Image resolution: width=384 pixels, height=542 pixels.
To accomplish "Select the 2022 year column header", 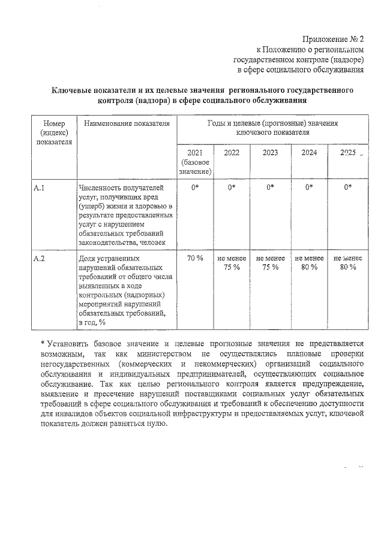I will point(231,153).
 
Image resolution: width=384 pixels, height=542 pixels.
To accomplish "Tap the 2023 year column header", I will point(270,153).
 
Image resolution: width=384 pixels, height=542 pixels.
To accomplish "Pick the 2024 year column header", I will point(309,153).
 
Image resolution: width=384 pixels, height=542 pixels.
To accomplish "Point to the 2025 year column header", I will point(347,153).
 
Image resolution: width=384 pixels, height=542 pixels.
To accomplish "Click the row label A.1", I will point(40,188).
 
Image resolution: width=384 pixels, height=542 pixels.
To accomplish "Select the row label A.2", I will point(40,258).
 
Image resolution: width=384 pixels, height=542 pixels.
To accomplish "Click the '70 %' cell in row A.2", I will point(195,258).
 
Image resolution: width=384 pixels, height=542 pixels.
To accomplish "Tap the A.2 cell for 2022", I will point(231,262).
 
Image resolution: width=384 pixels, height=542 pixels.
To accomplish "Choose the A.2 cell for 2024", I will point(309,262).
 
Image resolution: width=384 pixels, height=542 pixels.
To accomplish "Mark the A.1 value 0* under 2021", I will point(195,188).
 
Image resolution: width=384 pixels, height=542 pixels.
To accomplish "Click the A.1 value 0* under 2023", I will point(270,188).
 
